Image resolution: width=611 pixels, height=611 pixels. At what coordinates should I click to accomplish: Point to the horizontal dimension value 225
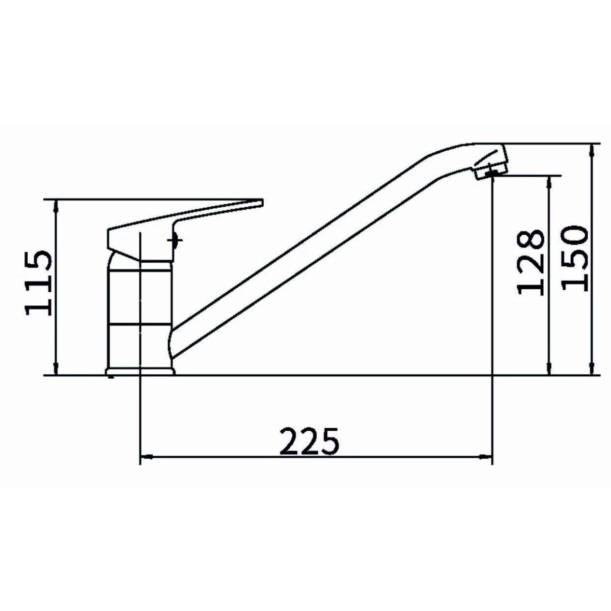click(x=309, y=441)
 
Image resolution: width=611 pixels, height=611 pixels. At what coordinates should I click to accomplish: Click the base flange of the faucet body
click(x=140, y=371)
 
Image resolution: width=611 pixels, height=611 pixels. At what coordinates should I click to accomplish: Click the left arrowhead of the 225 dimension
click(x=147, y=457)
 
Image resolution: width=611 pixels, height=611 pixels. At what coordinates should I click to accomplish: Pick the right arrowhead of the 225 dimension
click(x=486, y=457)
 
